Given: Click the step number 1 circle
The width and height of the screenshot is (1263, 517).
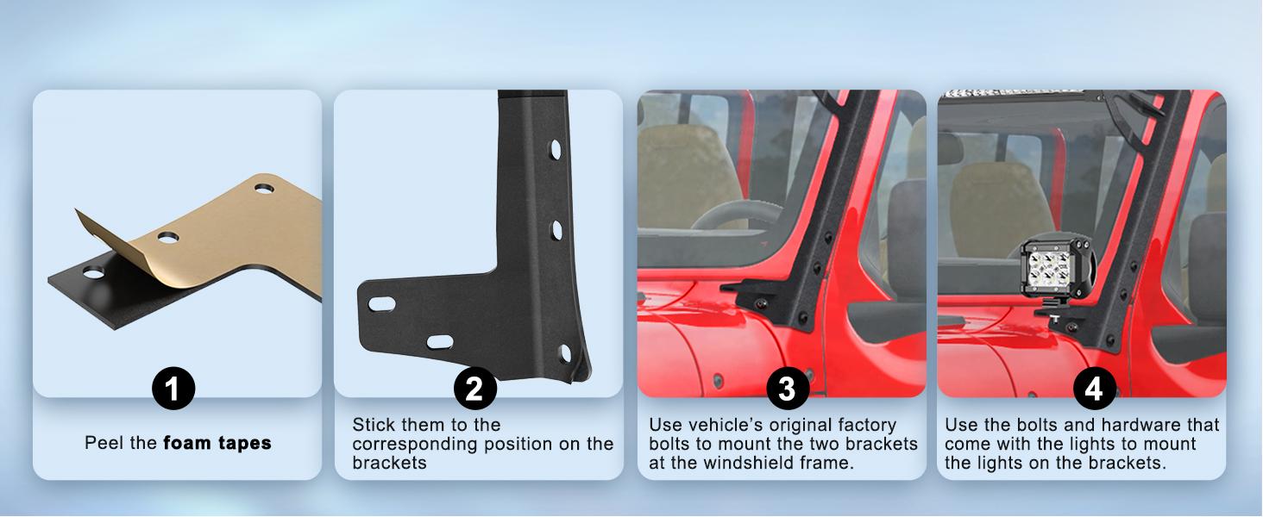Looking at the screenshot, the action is (173, 388).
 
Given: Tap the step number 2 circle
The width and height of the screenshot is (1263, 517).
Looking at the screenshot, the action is (475, 388).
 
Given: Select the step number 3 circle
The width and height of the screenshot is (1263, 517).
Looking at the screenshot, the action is (788, 388).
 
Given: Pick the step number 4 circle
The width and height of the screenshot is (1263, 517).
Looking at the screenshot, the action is (1095, 388).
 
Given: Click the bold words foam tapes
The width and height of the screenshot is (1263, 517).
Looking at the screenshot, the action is (217, 443).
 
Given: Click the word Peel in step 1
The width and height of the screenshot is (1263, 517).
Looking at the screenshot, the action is (104, 443).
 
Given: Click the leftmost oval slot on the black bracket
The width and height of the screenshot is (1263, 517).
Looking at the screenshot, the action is (381, 304).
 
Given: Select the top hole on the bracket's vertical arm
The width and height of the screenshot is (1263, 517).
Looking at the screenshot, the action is (556, 150).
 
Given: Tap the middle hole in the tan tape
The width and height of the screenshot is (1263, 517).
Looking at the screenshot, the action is (167, 237).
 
